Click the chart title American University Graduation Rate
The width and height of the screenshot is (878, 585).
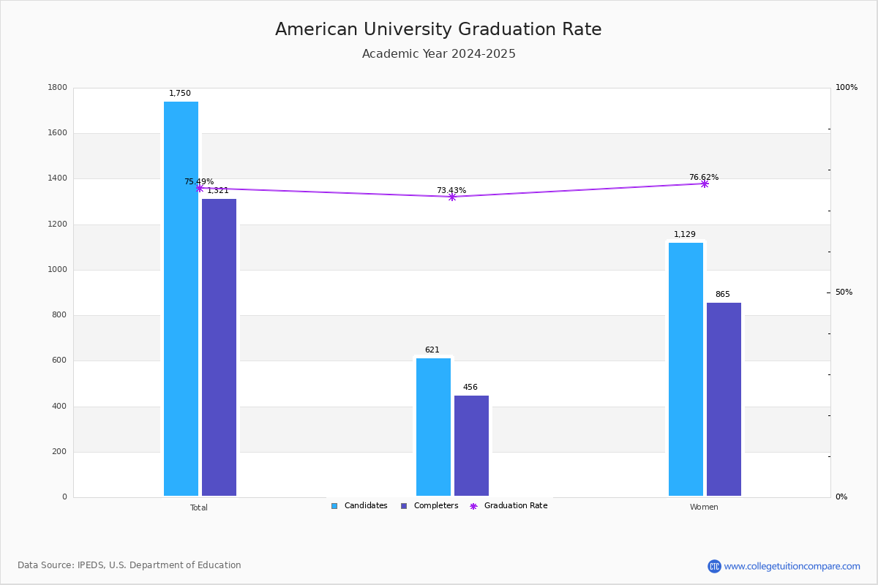tap(438, 30)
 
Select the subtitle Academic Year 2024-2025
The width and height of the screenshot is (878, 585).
tap(438, 54)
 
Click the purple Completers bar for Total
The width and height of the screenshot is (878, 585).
tap(219, 347)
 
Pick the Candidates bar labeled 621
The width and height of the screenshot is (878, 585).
tap(433, 427)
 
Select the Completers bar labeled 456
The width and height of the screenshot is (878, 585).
tap(471, 446)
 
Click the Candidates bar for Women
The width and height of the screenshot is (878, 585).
tap(686, 369)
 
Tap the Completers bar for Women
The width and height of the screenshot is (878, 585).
tap(724, 399)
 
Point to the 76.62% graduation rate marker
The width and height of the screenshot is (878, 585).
tap(705, 184)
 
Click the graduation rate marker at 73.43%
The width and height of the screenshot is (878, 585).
tap(452, 197)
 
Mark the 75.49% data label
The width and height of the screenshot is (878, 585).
tap(199, 181)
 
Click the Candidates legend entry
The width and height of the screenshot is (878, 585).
tap(359, 506)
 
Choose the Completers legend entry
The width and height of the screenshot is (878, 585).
tap(429, 506)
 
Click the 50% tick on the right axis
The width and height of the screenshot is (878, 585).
tap(844, 292)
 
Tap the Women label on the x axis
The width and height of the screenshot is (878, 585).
tap(704, 507)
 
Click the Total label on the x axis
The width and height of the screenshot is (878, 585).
tap(199, 507)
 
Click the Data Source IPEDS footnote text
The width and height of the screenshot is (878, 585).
tap(130, 565)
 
